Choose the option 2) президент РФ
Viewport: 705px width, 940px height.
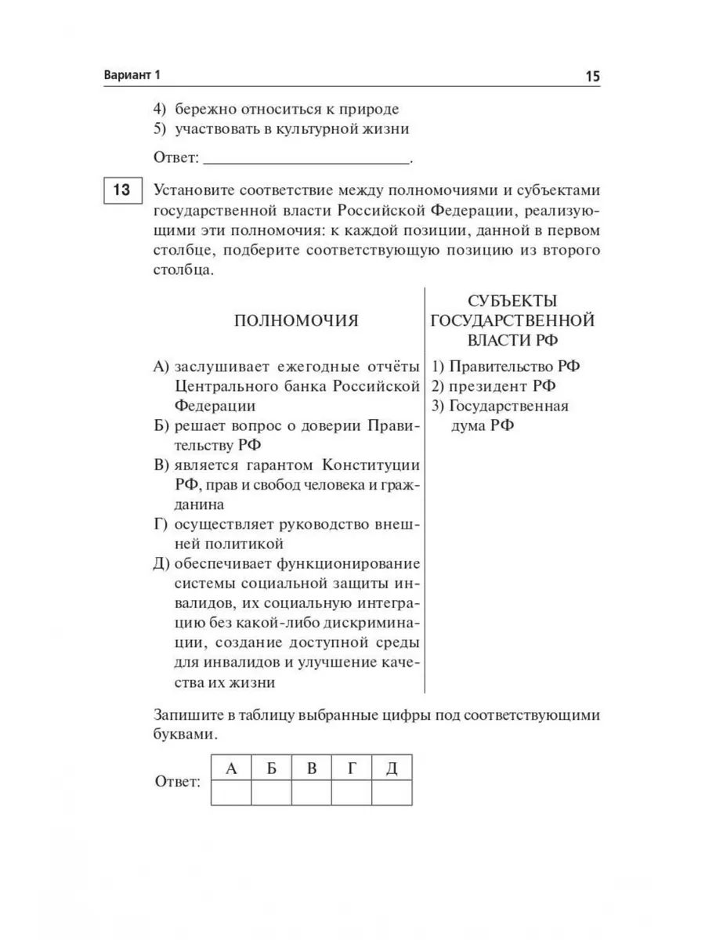click(494, 386)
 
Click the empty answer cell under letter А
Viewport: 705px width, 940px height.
click(231, 794)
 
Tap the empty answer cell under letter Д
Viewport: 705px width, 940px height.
click(392, 794)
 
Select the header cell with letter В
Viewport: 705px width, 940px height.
click(312, 768)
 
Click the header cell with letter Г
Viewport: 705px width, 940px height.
click(352, 768)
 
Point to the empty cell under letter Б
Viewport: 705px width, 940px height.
click(272, 794)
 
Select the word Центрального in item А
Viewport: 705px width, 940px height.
click(223, 387)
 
